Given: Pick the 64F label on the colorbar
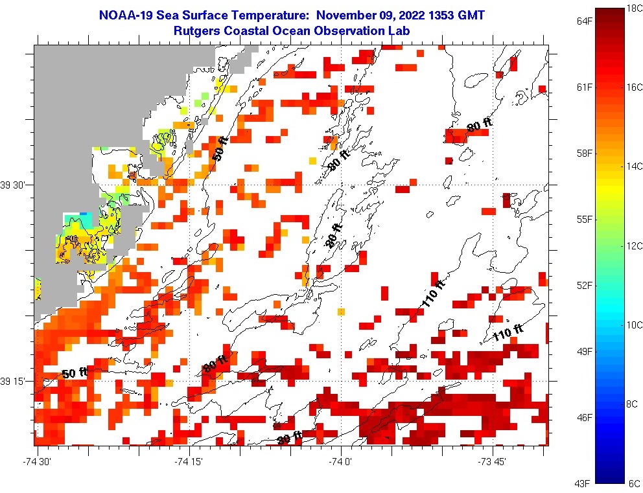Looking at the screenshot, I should (585, 21).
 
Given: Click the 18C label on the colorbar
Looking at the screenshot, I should (635, 8).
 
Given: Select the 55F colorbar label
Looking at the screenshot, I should (585, 219).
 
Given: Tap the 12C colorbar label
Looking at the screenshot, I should (635, 246).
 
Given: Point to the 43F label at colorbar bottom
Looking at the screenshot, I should (585, 483).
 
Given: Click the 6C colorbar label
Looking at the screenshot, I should (635, 483).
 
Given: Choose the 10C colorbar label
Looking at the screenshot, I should (635, 325).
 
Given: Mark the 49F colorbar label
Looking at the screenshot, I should (585, 351).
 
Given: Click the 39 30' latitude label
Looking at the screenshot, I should (16, 185).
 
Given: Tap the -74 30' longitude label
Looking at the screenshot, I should (37, 461).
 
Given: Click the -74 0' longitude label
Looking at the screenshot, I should (342, 461).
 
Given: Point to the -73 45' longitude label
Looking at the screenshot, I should (494, 461).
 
